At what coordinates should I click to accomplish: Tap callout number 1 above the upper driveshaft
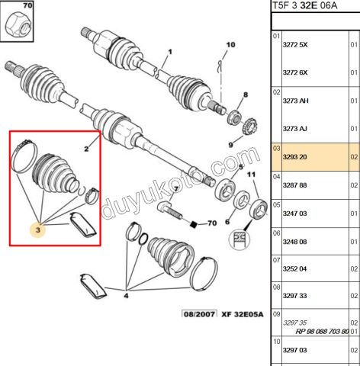170,52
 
